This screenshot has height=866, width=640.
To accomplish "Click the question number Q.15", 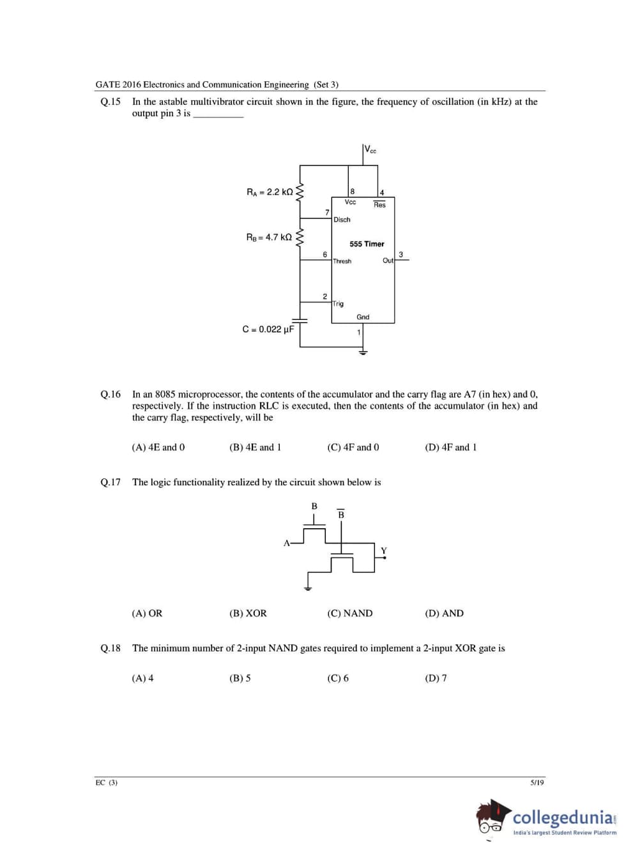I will [x=110, y=102].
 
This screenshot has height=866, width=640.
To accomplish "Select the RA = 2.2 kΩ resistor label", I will [x=270, y=192].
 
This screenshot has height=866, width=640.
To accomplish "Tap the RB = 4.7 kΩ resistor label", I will [x=269, y=238].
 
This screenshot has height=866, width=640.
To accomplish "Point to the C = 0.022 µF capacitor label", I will [x=268, y=330].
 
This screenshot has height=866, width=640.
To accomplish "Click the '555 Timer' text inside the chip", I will [x=367, y=244].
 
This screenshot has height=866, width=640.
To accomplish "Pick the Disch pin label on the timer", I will [x=342, y=220].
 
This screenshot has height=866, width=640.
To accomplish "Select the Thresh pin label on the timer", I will [x=342, y=261].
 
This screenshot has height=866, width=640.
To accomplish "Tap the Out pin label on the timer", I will [x=388, y=261].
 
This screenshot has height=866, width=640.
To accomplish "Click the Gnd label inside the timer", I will [x=363, y=317].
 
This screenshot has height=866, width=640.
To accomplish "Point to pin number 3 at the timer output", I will [x=400, y=254].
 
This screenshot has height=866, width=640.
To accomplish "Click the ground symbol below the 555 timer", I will [x=363, y=352].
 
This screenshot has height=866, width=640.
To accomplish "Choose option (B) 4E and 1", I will [x=255, y=448].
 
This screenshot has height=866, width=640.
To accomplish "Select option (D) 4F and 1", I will [x=450, y=448].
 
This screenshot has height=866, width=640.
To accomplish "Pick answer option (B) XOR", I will [x=248, y=614].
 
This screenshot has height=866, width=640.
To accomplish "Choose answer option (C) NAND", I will [x=349, y=614].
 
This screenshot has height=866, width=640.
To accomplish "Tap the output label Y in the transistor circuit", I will [x=384, y=551].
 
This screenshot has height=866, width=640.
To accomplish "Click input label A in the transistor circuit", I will [x=286, y=543].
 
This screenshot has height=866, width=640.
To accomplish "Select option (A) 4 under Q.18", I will [x=142, y=678].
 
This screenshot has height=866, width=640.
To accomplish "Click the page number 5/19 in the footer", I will [x=537, y=782].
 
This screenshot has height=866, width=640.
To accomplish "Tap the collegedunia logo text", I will [x=563, y=817].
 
